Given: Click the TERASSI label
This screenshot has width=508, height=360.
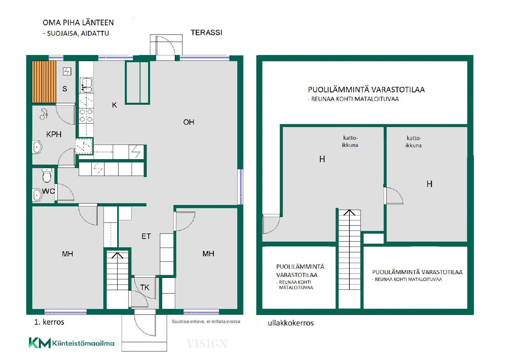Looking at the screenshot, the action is pos(206,33).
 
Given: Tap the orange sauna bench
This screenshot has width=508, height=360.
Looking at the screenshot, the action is pos(44,82).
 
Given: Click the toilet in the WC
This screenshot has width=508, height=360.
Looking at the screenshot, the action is pos(47,175).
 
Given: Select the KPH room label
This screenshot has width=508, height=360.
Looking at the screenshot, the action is pos(54,134).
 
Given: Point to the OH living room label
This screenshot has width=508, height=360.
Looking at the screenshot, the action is pos(189,122).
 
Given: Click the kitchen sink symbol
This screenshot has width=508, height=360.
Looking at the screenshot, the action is pos(86,85).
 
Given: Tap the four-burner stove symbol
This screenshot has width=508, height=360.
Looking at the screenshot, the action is pos(86,115).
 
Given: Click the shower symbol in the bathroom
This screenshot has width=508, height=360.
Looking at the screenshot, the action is pos(44,114).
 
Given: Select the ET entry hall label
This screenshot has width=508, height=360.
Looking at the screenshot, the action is pos(146,236).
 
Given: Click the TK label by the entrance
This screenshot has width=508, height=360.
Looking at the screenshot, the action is pos(145,288).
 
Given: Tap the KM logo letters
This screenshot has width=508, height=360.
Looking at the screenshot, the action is pos(40,343).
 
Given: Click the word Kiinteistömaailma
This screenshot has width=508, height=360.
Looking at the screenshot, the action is pos(83,343).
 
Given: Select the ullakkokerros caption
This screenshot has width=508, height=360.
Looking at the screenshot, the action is pos(291,323).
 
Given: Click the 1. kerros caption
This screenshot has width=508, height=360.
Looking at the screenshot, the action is pos(49,322).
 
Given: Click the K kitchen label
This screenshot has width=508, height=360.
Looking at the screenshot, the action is pos(114,105).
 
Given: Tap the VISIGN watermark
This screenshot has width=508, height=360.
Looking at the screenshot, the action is pos(207,344).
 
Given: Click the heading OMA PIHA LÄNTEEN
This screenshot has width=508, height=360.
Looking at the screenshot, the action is pos(78,22).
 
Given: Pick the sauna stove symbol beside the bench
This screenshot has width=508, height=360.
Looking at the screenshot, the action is pos(67,71).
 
